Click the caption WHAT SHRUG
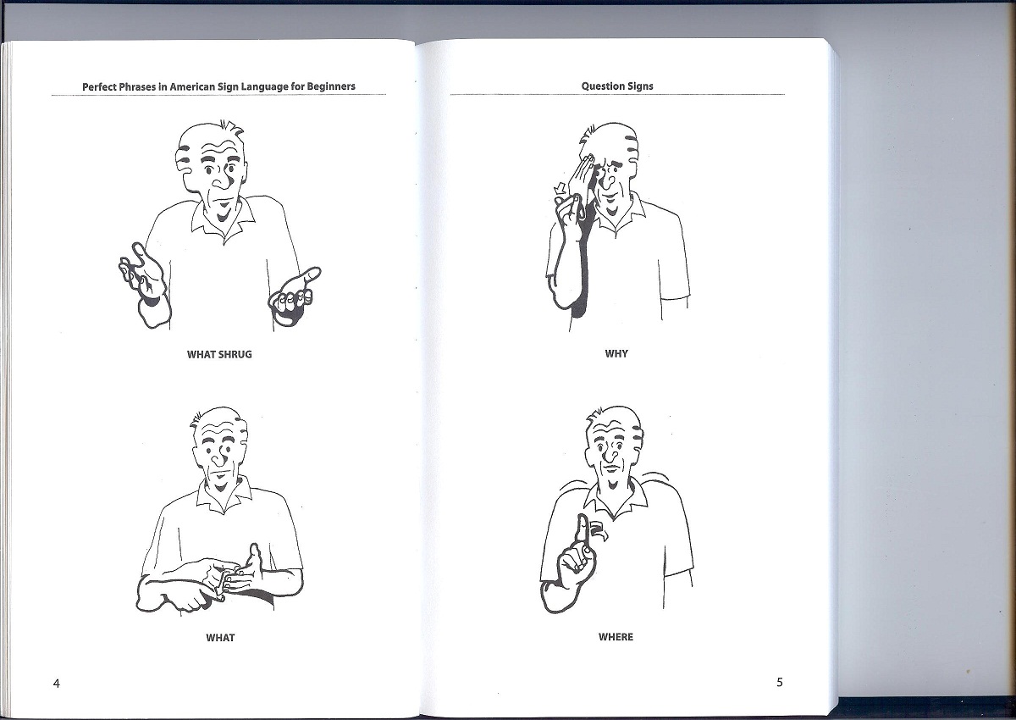pos(219,354)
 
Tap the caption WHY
pos(616,353)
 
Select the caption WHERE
pos(616,637)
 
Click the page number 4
pos(56,684)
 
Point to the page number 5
pos(780,683)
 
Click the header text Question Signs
pos(616,86)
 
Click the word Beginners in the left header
pos(328,86)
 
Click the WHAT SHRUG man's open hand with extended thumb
pos(296,292)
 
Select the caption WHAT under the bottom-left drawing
pos(220,637)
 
